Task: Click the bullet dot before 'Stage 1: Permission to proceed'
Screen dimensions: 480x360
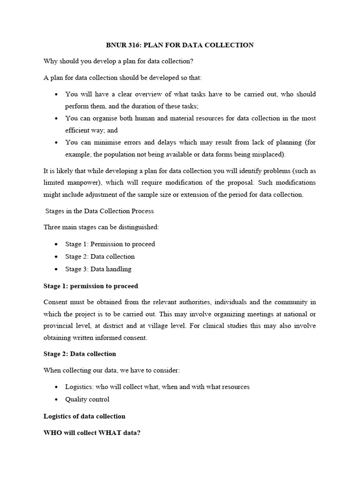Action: (x=56, y=244)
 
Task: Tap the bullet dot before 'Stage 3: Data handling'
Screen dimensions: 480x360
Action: (x=56, y=269)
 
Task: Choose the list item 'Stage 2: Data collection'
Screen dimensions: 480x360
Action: (x=100, y=256)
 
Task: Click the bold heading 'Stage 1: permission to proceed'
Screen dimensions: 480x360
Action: (x=90, y=286)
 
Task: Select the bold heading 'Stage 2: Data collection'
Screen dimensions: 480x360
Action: (x=79, y=353)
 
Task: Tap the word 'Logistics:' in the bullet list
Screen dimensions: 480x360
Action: (x=80, y=387)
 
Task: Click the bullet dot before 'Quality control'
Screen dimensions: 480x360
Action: (x=56, y=399)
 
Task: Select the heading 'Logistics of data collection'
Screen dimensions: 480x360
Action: (x=84, y=416)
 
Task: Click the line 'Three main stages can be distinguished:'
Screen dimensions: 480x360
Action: (x=101, y=227)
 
